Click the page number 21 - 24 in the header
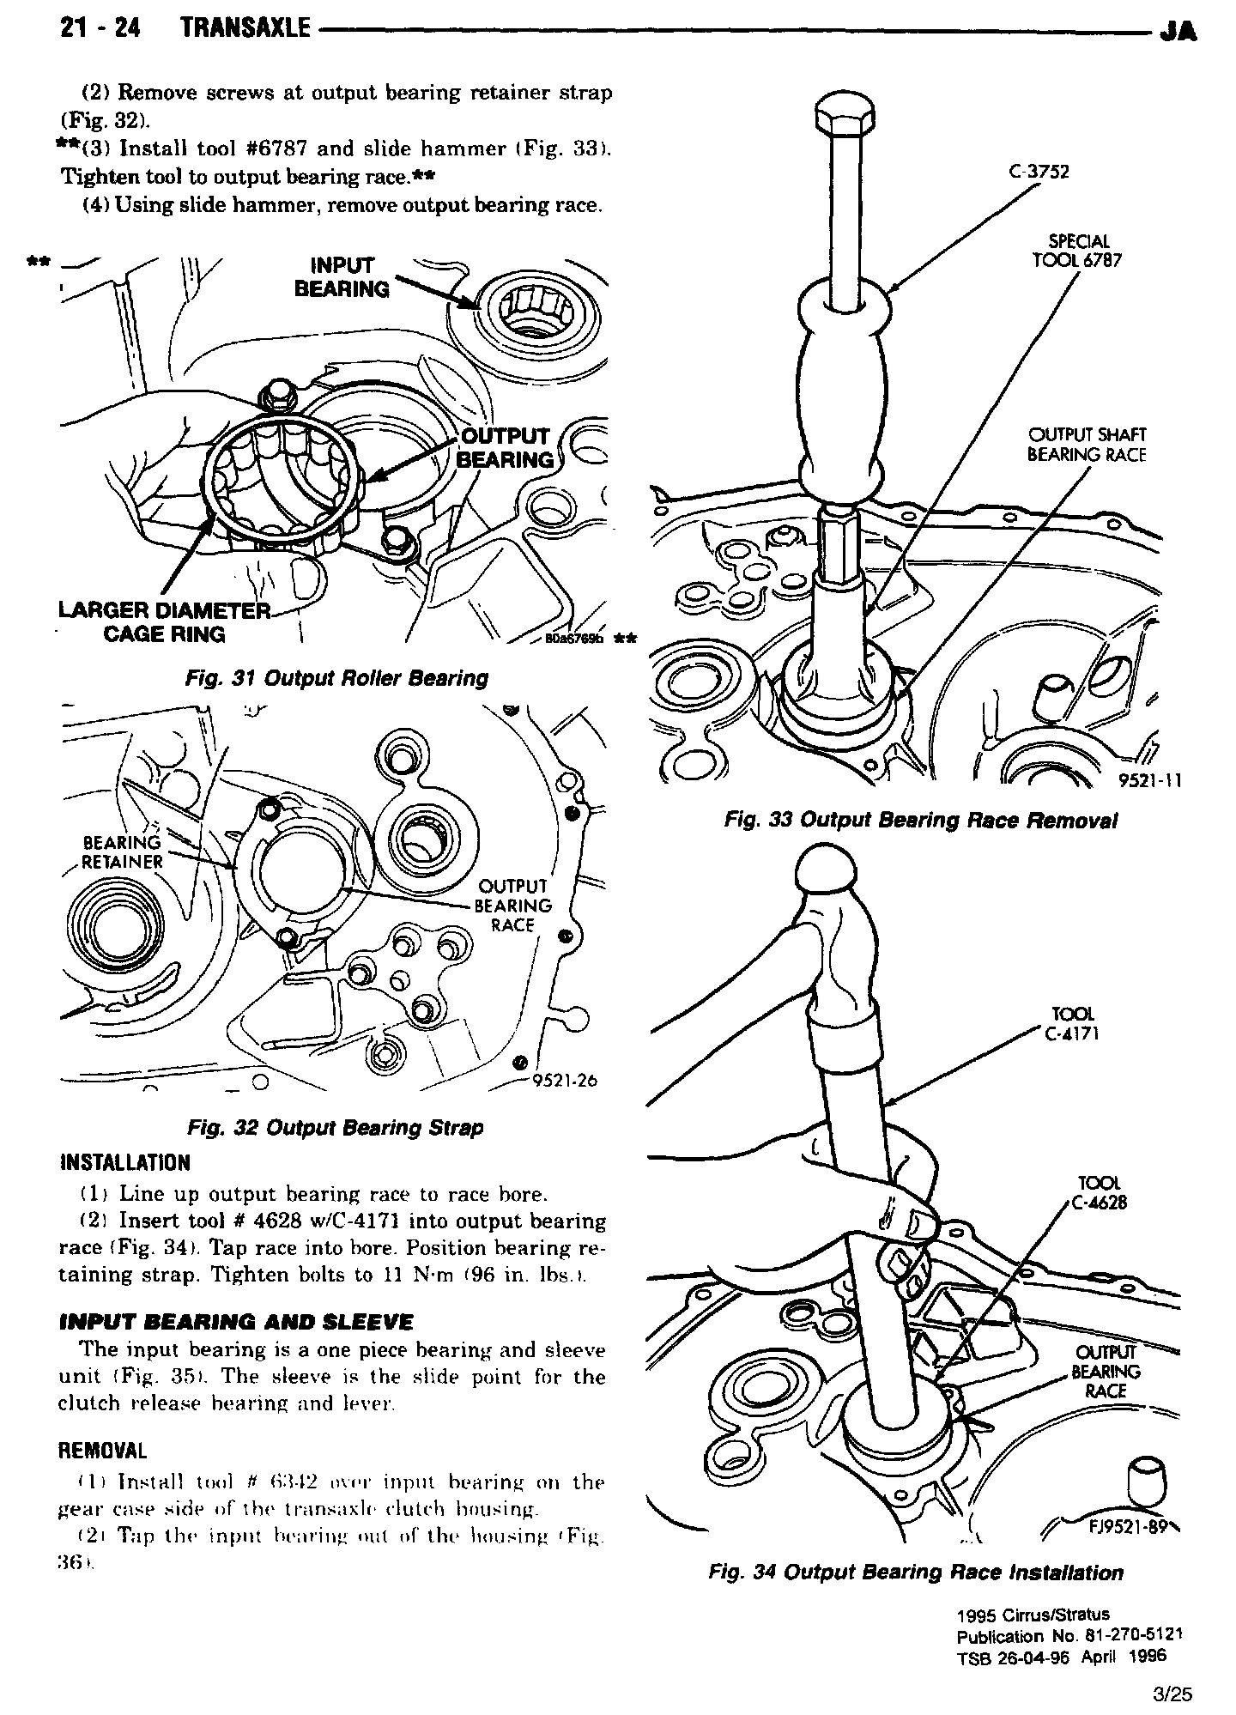tap(100, 28)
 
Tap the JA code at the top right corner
tap(1177, 32)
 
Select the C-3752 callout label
tap(1039, 172)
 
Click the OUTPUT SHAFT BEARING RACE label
tap(1087, 445)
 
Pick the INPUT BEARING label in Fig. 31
tap(342, 277)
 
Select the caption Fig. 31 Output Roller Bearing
tap(336, 678)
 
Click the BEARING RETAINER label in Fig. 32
tap(122, 851)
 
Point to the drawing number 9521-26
tap(564, 1081)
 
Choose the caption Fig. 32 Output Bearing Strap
tap(334, 1127)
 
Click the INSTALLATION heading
tap(125, 1163)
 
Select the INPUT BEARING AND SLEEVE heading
tap(236, 1322)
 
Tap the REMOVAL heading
tap(101, 1451)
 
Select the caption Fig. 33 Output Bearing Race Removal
tap(920, 821)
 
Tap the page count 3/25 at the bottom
tap(1173, 1694)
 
